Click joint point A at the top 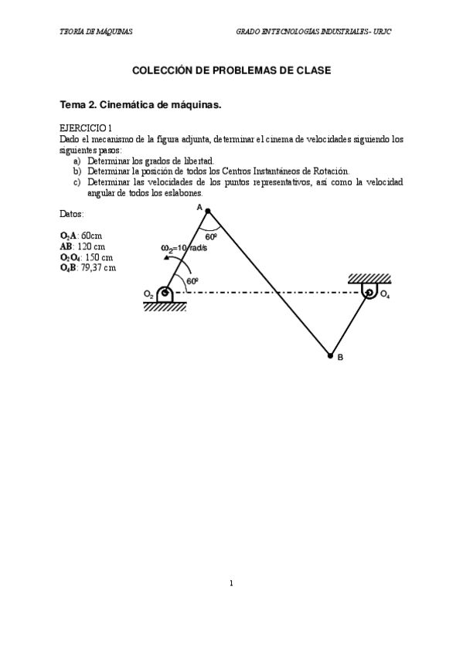click(206, 212)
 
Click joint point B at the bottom click(330, 356)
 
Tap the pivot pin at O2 click(164, 294)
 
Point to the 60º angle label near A click(211, 237)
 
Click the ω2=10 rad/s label click(183, 248)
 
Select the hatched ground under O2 click(165, 307)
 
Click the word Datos click(72, 213)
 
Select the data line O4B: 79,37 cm click(87, 267)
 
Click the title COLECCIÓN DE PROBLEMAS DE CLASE click(232, 70)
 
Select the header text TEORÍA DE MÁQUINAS click(96, 32)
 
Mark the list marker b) click(77, 171)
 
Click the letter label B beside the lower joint click(340, 358)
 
